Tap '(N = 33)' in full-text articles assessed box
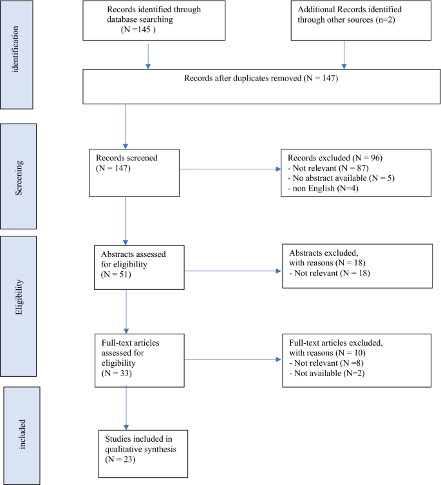(x=117, y=372)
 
